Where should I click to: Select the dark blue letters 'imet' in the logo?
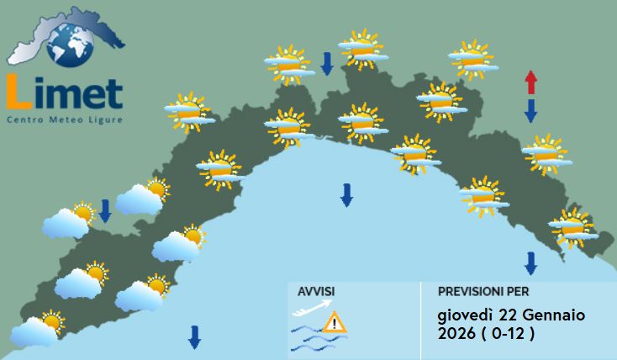coord(78,94)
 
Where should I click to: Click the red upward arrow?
coord(530,82)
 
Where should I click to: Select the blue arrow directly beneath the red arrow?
coord(530,109)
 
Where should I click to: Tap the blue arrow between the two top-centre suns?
coord(327,61)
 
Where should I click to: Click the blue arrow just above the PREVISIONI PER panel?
coord(530,263)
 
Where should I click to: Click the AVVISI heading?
coord(316,291)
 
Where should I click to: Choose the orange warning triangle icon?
coord(335,321)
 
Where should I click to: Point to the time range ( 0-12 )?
coord(509,335)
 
